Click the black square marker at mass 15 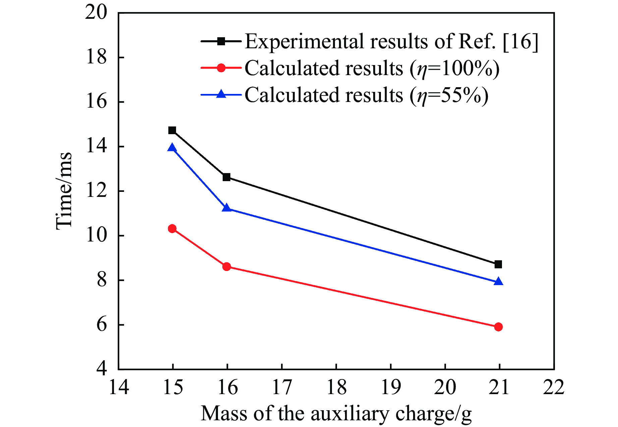(x=172, y=130)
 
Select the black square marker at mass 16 (x=227, y=177)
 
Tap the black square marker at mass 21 (x=498, y=264)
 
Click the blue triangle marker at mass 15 (x=172, y=148)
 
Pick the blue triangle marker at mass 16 (x=227, y=208)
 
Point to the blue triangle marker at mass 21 (x=499, y=282)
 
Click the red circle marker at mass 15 (x=172, y=229)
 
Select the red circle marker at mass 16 (x=227, y=267)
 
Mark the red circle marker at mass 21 (x=498, y=327)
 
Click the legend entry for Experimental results (x=391, y=42)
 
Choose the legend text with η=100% (x=372, y=68)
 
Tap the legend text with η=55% (x=366, y=95)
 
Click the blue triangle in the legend (x=221, y=94)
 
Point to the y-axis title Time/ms (x=64, y=191)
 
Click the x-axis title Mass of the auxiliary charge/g (x=336, y=413)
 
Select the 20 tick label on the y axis (x=96, y=13)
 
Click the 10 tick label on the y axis (x=96, y=235)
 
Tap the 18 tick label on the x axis (x=336, y=387)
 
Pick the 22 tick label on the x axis (x=554, y=387)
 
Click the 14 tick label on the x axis (x=119, y=387)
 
